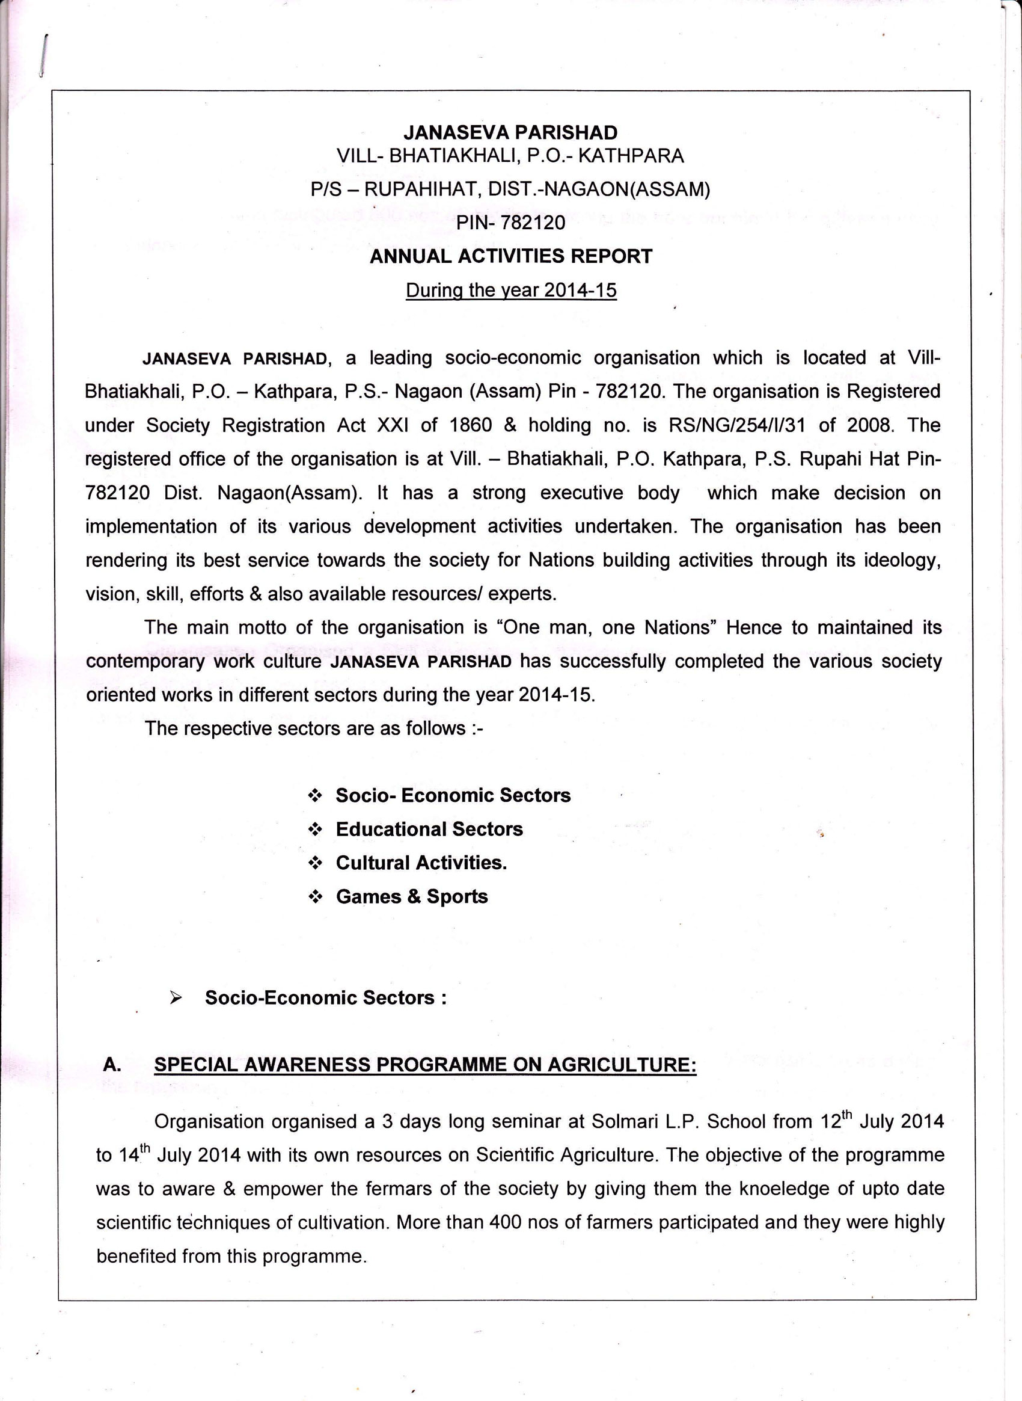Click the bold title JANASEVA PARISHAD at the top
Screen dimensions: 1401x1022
coord(510,132)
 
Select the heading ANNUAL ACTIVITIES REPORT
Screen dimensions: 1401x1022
coord(510,256)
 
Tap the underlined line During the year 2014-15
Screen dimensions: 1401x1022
coord(510,291)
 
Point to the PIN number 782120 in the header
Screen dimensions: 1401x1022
coord(533,222)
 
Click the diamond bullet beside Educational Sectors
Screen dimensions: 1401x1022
coord(316,830)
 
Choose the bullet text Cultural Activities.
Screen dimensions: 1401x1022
coord(421,863)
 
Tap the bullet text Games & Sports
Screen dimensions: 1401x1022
coord(411,896)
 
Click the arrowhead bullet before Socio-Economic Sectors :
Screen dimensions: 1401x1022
coord(176,998)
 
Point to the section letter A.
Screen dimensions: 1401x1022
coord(111,1065)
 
